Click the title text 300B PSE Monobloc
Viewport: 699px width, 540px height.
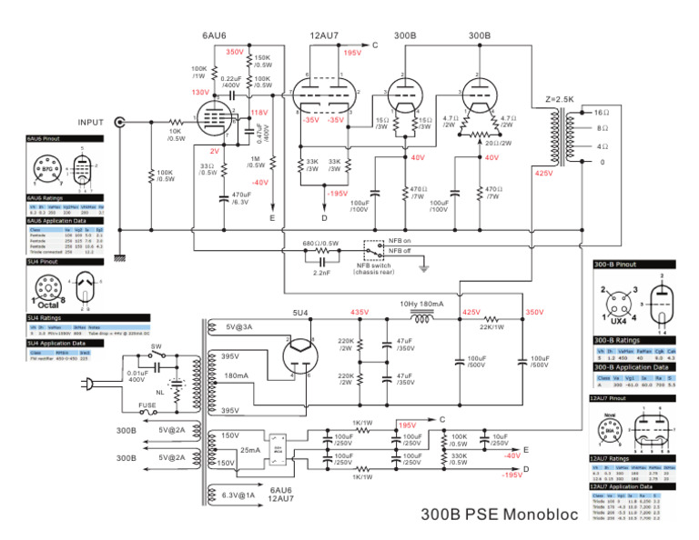click(499, 515)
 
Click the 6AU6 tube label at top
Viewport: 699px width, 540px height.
click(214, 35)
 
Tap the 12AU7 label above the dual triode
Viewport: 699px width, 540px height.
click(323, 35)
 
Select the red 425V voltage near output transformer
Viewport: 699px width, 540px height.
click(544, 173)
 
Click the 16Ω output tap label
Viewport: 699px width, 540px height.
click(601, 111)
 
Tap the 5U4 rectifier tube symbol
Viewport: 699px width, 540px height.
click(299, 349)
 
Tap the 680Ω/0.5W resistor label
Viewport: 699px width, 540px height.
click(320, 244)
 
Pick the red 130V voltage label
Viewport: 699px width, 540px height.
click(199, 93)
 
